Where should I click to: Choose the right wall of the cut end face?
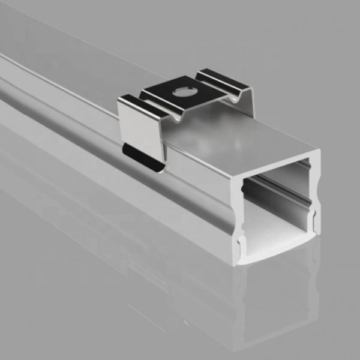316,198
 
